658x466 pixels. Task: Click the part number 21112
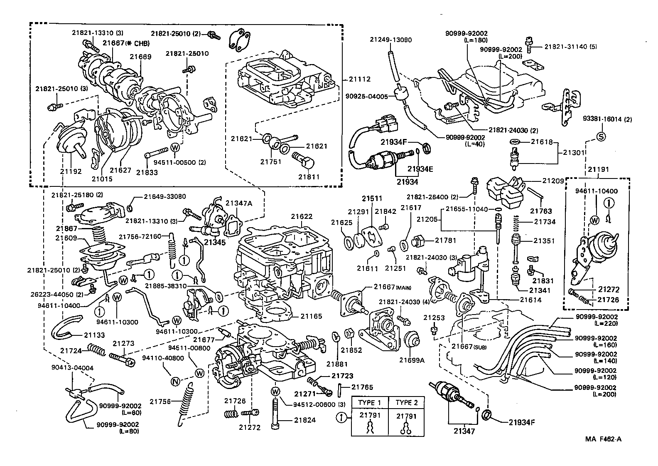tap(359, 79)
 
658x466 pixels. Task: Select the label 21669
tap(140, 57)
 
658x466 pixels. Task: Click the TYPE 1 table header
tap(370, 402)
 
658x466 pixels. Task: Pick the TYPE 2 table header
tap(406, 402)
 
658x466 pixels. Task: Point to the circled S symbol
tap(601, 136)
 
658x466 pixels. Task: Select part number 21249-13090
tap(391, 40)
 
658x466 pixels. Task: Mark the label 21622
tap(302, 216)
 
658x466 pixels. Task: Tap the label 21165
tap(312, 317)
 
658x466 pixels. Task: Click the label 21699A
tap(412, 360)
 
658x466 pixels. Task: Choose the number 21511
tap(371, 198)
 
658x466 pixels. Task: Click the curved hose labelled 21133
tap(66, 327)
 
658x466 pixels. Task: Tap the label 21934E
tap(420, 169)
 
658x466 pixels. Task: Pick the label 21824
tap(305, 420)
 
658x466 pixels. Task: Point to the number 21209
tap(553, 181)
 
